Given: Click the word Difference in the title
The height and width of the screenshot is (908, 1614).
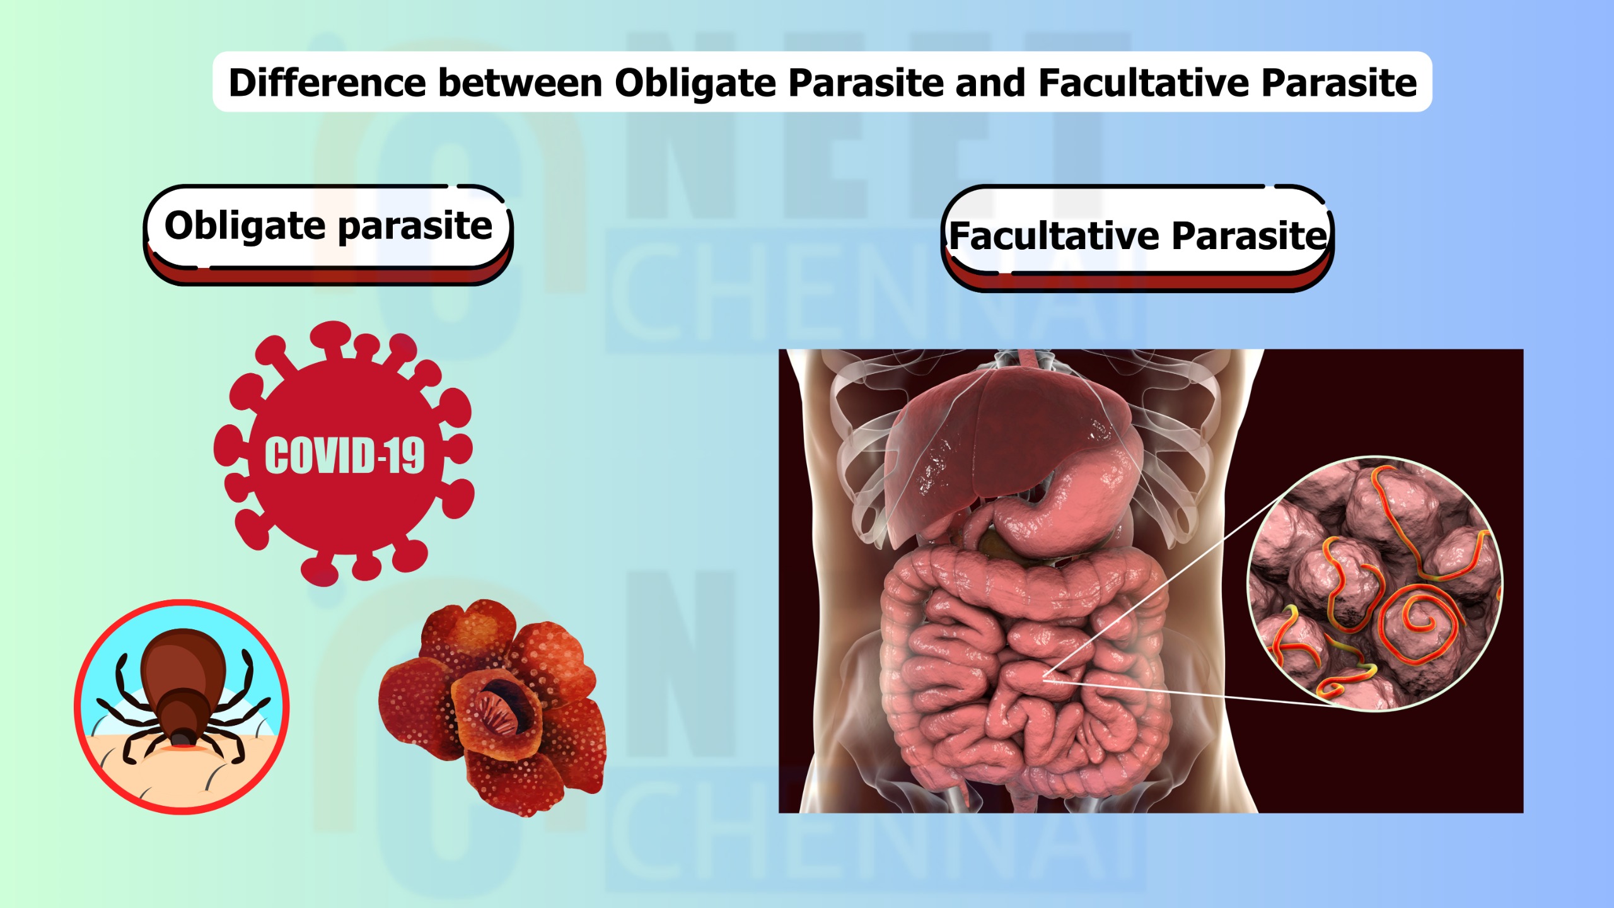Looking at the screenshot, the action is pyautogui.click(x=327, y=83).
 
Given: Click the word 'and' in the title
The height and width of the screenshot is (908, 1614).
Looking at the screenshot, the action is pyautogui.click(x=990, y=83).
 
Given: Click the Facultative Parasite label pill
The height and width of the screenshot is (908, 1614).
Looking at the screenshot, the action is pyautogui.click(x=1137, y=238).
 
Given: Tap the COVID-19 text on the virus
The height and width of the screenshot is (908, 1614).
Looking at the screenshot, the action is pyautogui.click(x=344, y=455).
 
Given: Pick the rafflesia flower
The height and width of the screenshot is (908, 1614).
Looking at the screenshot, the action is pyautogui.click(x=493, y=707).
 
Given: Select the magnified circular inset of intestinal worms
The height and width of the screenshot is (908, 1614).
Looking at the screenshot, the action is pyautogui.click(x=1375, y=583).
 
